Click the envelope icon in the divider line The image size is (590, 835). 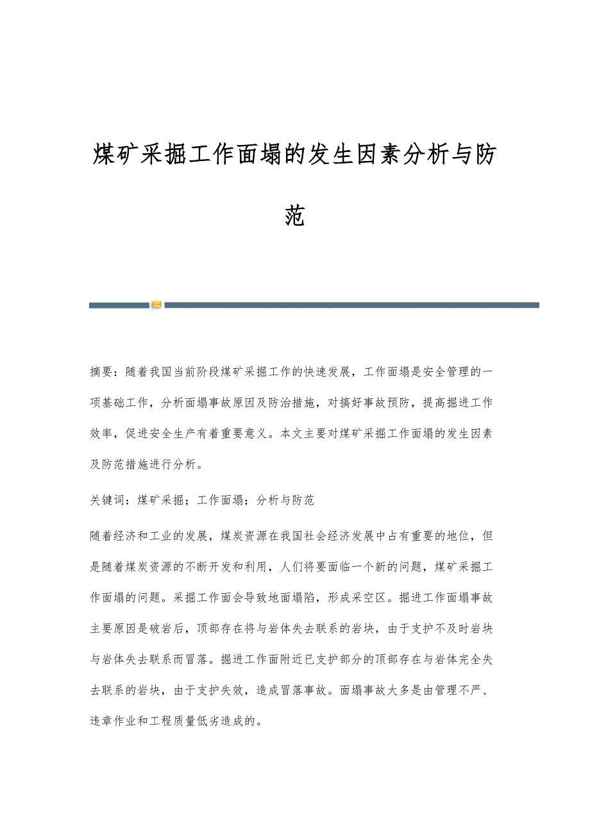157,305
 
